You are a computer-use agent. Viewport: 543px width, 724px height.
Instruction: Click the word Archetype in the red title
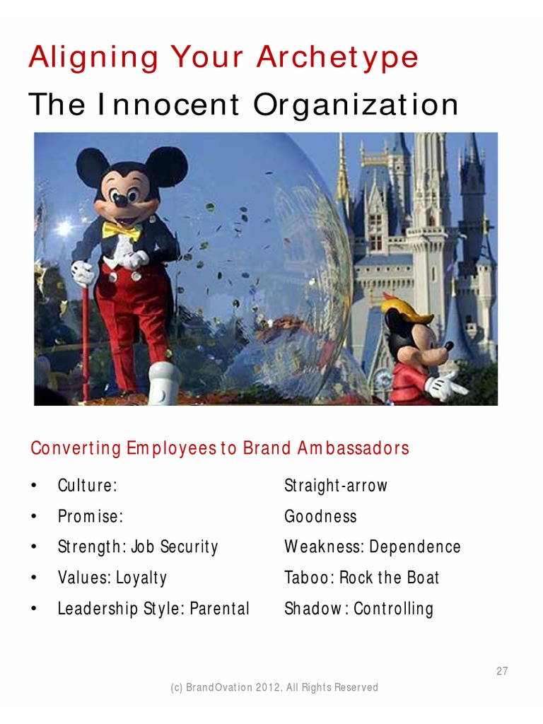click(337, 58)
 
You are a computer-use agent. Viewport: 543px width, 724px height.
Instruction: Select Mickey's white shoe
click(163, 383)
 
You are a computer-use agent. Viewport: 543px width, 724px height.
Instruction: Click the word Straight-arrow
click(336, 486)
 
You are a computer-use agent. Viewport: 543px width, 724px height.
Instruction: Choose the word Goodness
click(320, 516)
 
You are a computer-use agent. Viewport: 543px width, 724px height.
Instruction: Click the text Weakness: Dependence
click(372, 547)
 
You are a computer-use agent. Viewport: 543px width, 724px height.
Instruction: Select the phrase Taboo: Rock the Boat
click(361, 578)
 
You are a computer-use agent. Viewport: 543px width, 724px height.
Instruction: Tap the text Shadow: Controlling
click(358, 609)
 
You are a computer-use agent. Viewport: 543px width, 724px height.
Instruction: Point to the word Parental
click(219, 609)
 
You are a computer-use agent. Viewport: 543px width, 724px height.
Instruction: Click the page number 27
click(501, 672)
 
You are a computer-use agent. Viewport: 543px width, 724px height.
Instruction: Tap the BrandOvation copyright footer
click(274, 687)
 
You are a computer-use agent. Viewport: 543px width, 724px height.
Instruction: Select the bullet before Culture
click(33, 486)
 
